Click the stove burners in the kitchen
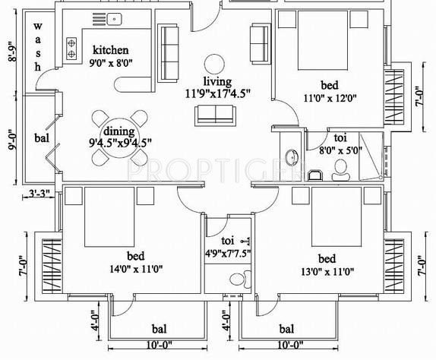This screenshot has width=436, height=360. click(72, 49)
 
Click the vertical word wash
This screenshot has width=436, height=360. click(36, 46)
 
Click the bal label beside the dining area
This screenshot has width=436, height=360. click(41, 138)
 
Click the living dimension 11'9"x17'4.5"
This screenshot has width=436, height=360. click(217, 94)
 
